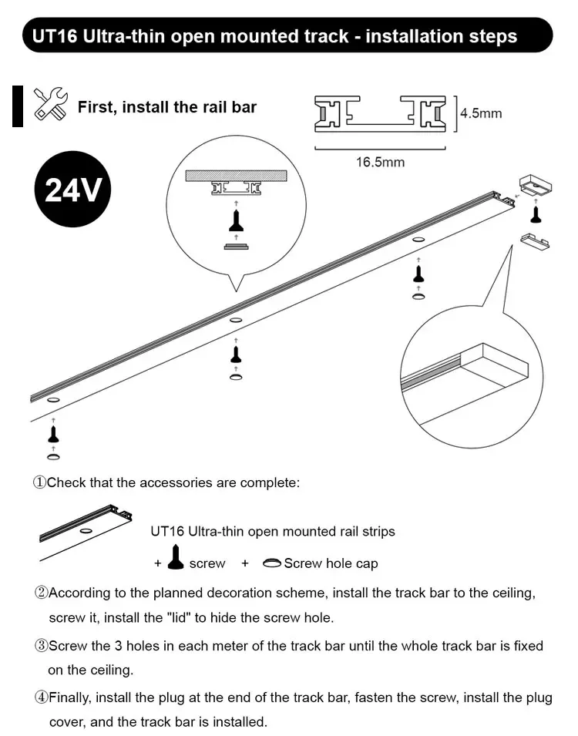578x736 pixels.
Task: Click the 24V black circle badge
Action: (x=72, y=190)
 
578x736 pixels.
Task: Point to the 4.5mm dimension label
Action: (x=481, y=113)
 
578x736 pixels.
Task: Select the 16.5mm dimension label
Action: (x=379, y=162)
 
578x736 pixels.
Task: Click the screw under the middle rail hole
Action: (x=236, y=354)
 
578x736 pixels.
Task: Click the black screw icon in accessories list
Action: (x=176, y=557)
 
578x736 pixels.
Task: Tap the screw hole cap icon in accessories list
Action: (x=271, y=563)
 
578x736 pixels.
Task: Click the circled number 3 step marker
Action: (x=41, y=646)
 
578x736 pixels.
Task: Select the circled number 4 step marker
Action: (x=41, y=698)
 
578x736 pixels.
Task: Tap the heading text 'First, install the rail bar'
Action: (x=167, y=106)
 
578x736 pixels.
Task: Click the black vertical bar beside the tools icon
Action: (x=17, y=106)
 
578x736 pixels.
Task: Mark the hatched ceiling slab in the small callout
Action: (x=236, y=175)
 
